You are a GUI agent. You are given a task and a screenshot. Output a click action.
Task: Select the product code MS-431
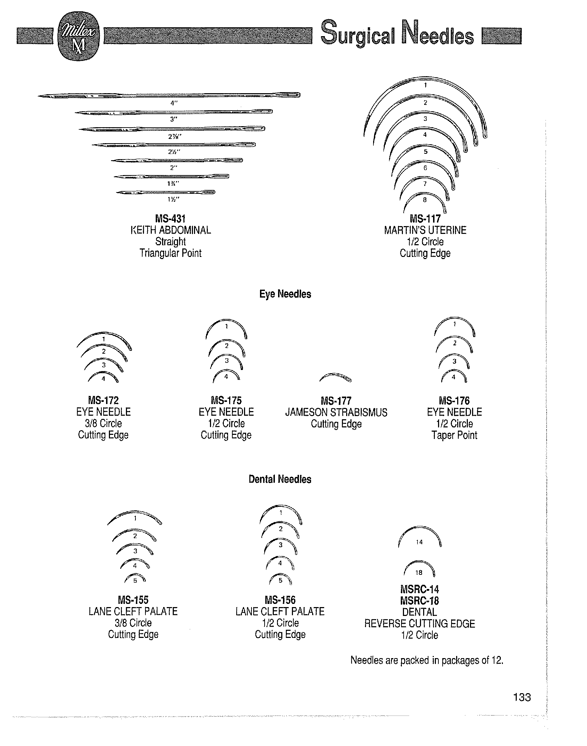171,219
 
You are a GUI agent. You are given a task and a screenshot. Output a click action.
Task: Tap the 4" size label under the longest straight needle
173,103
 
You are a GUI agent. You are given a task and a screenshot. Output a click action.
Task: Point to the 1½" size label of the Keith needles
173,200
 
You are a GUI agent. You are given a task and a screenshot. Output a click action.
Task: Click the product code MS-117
425,219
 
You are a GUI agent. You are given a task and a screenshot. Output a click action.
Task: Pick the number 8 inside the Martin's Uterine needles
425,200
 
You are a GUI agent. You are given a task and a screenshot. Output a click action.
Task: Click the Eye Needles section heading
285,294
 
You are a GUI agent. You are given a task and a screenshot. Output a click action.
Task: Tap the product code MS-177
336,401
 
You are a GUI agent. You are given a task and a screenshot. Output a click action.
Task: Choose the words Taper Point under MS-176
454,435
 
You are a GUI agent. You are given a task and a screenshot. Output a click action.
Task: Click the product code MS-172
103,400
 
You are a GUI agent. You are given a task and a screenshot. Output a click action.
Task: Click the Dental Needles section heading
280,479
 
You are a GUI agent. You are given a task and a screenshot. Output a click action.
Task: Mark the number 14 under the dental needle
419,542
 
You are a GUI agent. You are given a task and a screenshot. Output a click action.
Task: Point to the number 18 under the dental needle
419,572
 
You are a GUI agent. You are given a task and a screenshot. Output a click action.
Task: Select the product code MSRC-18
420,601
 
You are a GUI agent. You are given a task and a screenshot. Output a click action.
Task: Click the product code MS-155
133,600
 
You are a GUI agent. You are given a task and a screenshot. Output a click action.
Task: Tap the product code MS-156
280,600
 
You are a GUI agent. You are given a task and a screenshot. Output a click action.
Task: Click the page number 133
522,697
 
